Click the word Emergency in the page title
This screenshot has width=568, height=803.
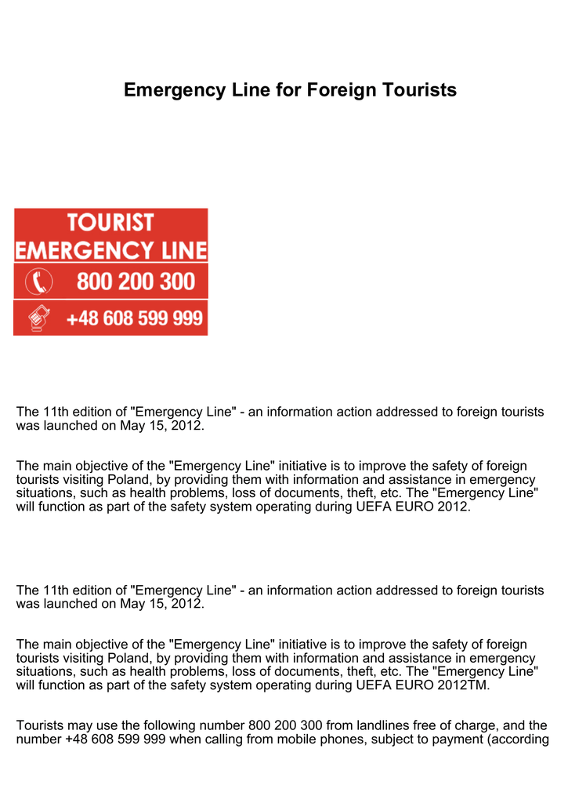(166, 90)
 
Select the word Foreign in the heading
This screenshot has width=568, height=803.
(341, 90)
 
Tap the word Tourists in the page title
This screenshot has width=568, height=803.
(419, 90)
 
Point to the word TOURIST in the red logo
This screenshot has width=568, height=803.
(110, 223)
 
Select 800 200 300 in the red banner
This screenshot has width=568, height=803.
(135, 281)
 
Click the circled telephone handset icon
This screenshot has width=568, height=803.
(39, 281)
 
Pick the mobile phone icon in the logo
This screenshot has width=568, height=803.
(38, 318)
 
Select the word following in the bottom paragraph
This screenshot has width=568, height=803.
(167, 725)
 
